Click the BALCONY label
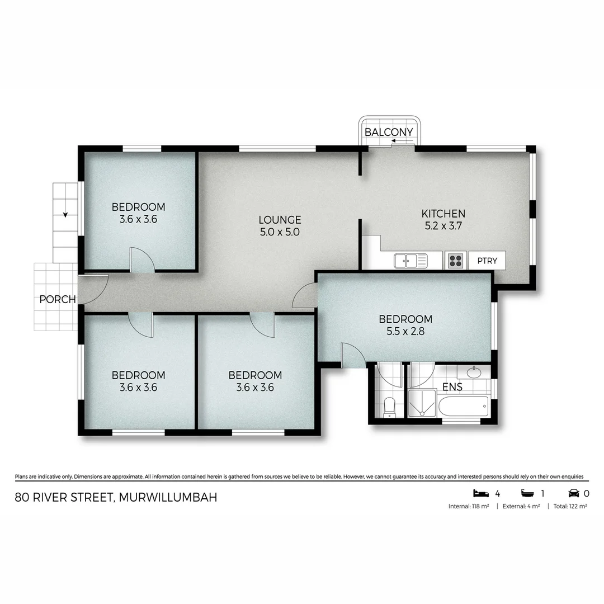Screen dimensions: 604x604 (x=389, y=132)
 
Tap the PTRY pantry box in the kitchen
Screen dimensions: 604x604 (x=487, y=261)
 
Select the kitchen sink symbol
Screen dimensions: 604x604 (x=410, y=261)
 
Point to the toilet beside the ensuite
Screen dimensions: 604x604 (x=390, y=405)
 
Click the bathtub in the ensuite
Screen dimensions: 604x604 (x=464, y=407)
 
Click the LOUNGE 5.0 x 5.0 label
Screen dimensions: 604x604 (x=280, y=225)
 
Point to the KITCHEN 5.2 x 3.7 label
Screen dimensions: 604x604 (x=443, y=219)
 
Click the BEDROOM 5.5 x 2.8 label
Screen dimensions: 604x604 (x=405, y=325)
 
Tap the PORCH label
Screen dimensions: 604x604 (x=58, y=299)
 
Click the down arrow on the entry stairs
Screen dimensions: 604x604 (x=65, y=214)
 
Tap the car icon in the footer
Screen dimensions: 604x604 (x=574, y=493)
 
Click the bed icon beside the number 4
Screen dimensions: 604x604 (x=480, y=493)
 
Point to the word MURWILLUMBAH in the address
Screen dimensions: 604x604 (x=168, y=497)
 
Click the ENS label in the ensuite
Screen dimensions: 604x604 (x=452, y=386)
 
